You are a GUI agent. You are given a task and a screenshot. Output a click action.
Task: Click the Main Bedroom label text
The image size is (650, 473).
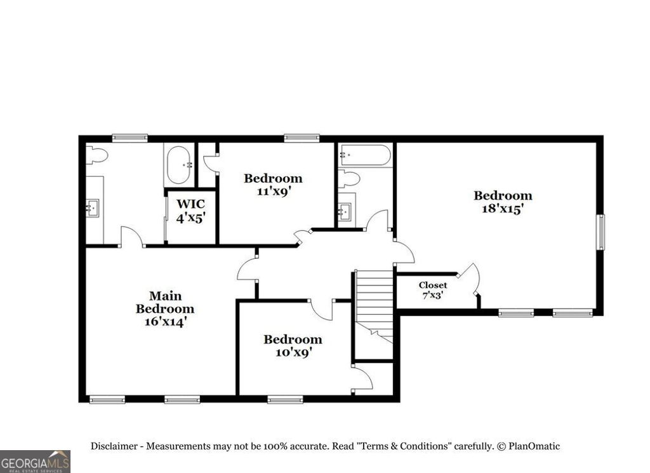(x=165, y=302)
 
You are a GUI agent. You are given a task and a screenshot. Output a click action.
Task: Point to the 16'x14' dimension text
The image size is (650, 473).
(x=165, y=322)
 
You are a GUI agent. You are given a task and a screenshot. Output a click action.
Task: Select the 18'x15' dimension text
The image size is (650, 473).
(x=502, y=209)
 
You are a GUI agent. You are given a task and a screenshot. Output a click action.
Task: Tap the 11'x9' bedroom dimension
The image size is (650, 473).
(x=273, y=191)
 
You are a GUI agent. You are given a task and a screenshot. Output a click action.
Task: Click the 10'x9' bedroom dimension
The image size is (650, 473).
(x=293, y=352)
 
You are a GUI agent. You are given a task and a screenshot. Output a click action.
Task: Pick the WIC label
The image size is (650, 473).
(x=190, y=204)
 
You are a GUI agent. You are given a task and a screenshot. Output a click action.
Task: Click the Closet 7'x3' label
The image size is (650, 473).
(x=432, y=290)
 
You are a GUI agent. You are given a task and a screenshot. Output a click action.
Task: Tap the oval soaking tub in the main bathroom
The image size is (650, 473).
(x=178, y=165)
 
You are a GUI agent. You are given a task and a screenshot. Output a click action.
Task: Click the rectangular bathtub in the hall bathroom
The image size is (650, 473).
(x=364, y=155)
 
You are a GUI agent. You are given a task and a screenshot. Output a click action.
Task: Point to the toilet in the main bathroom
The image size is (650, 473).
(x=96, y=154)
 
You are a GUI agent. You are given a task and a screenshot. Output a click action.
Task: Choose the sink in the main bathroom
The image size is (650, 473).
(x=93, y=207)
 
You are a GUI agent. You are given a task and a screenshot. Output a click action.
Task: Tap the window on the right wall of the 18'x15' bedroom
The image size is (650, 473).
(x=600, y=233)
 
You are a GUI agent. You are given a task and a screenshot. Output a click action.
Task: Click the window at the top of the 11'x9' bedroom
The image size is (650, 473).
(x=302, y=137)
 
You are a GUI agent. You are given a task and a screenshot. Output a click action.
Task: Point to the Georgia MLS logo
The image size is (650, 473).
(x=35, y=461)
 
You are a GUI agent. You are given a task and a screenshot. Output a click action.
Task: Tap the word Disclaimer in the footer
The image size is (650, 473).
(x=114, y=446)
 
